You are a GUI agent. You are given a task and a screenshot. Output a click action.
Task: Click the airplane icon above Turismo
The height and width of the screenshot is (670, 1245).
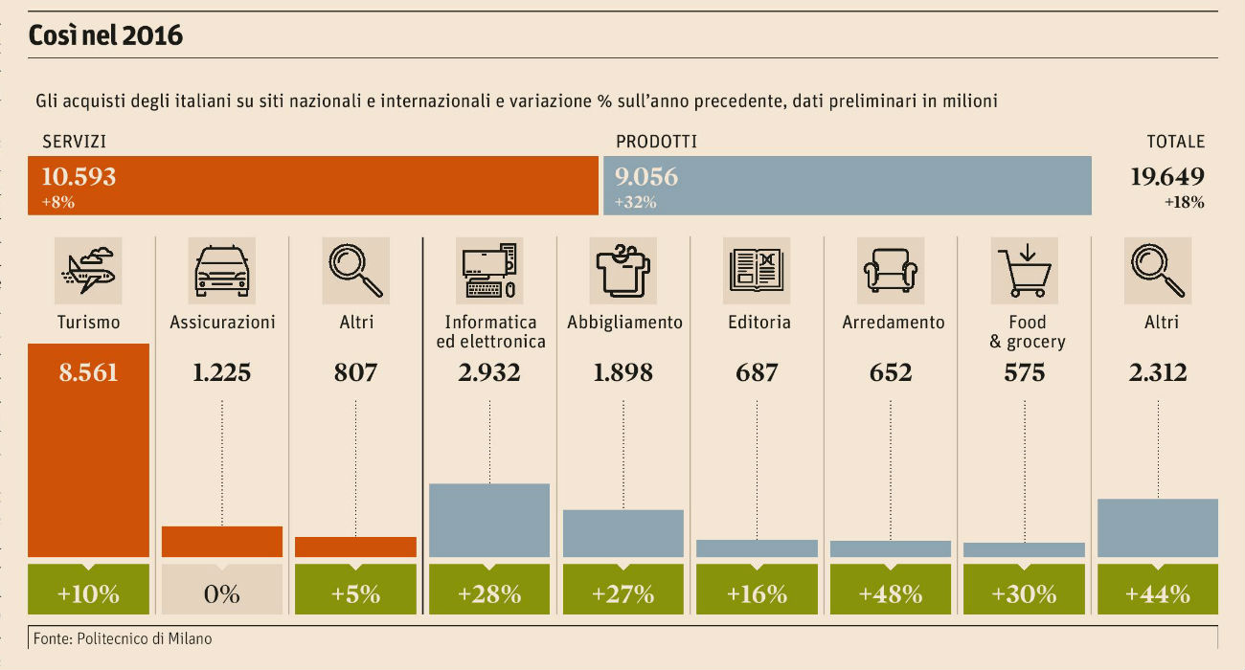pos(88,271)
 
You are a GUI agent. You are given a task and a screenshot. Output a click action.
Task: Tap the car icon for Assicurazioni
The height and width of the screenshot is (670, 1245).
pos(221,271)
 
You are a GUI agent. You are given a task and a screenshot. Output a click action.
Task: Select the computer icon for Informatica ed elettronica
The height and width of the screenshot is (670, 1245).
pos(489,271)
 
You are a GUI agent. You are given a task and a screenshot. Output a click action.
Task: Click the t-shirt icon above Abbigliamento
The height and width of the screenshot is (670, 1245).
pos(622,271)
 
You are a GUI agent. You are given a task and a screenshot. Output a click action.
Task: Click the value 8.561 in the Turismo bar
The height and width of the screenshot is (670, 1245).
pos(88,372)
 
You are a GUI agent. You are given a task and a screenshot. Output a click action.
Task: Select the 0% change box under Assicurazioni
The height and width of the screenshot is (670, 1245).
pos(221,593)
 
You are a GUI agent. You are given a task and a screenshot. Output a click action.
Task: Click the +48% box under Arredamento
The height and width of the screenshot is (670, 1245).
pos(891,593)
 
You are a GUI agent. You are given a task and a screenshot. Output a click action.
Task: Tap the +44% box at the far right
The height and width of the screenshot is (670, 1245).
pos(1158,593)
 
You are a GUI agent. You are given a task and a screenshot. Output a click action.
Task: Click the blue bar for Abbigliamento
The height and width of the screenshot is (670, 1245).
pos(622,533)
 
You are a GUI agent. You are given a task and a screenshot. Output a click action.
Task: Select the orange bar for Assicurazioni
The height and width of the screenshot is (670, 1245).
pos(221,541)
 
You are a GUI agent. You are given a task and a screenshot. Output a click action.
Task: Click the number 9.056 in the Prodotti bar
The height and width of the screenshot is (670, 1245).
pos(646,177)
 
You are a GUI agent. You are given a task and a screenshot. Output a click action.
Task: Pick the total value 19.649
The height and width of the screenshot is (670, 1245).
pos(1166,177)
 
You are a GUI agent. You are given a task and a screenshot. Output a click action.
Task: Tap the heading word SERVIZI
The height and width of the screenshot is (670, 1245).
pos(74,142)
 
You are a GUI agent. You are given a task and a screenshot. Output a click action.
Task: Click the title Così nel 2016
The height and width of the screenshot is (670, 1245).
pos(105,36)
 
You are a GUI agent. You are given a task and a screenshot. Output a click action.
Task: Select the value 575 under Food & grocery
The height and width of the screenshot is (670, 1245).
pos(1024,372)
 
